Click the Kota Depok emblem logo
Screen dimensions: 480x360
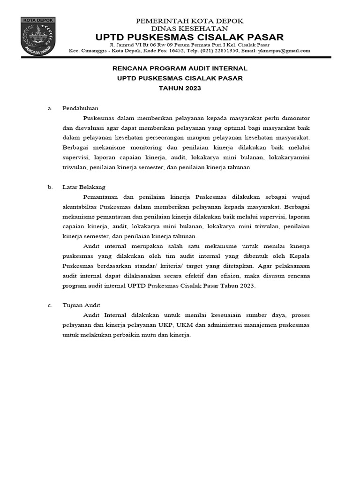[38, 36]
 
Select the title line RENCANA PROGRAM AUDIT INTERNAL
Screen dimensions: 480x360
[180, 68]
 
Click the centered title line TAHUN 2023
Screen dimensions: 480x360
[180, 88]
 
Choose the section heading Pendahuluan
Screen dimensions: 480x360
[81, 108]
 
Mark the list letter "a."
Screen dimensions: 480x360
[50, 108]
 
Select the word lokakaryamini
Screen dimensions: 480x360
[289, 157]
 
